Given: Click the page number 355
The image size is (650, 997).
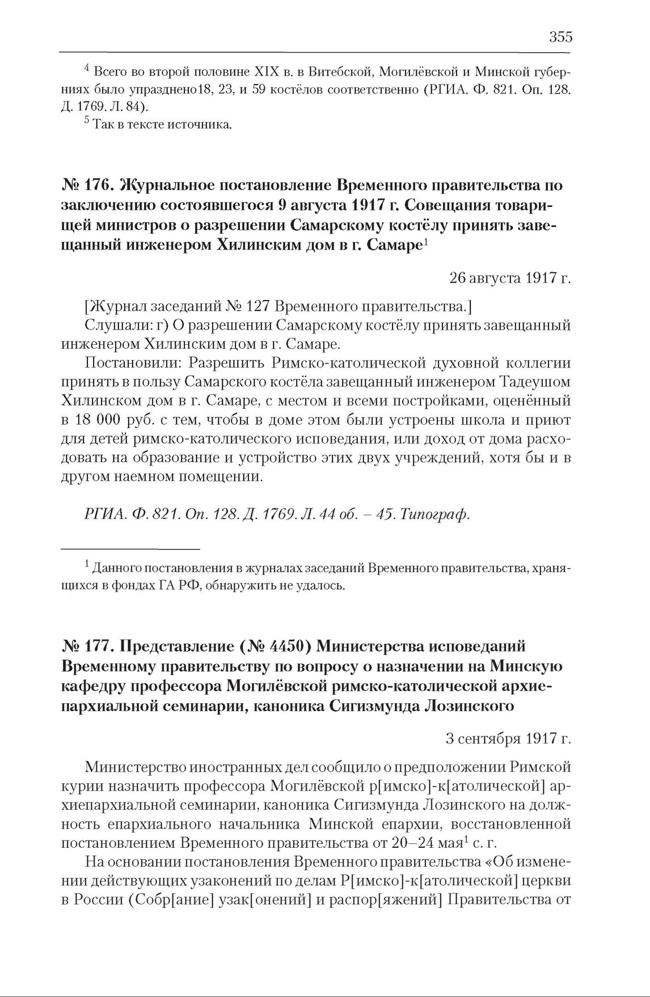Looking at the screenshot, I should (560, 37).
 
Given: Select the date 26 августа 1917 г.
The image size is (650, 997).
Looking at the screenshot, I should (509, 278).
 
